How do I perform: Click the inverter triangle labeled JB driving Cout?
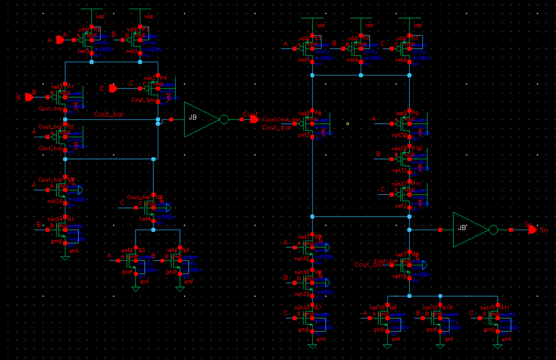[x=199, y=119]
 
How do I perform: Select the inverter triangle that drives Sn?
[x=468, y=230]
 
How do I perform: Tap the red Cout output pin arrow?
[x=254, y=119]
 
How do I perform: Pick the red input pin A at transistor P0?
[x=59, y=40]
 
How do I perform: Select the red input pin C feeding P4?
[x=113, y=88]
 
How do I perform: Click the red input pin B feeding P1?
[x=28, y=97]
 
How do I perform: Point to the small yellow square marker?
[x=348, y=124]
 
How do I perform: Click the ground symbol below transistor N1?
[x=65, y=257]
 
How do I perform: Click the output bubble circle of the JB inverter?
[x=224, y=119]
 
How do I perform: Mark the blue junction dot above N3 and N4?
[x=153, y=230]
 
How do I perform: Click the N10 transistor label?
[x=447, y=307]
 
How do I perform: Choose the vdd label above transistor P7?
[x=417, y=25]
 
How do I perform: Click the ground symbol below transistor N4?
[x=180, y=288]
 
